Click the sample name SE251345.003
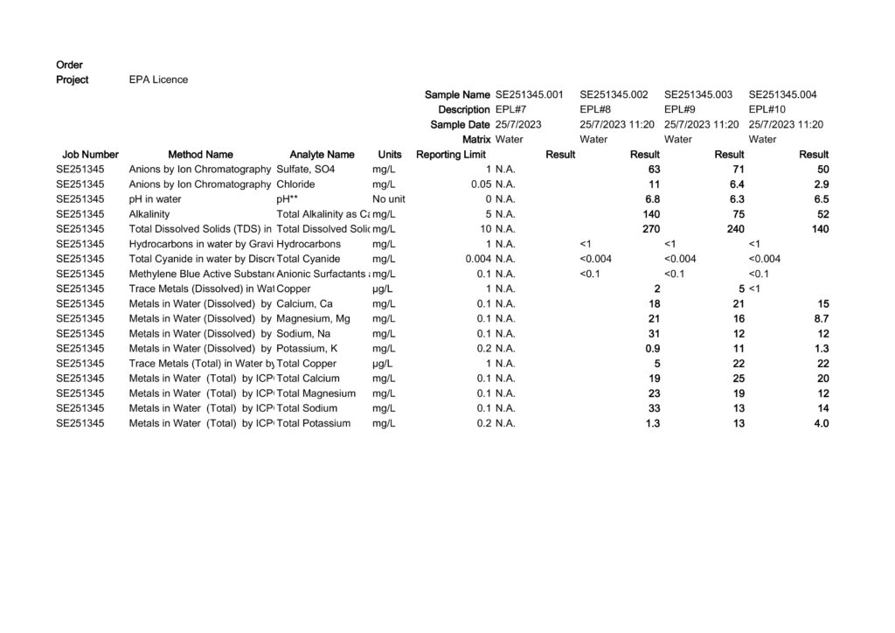pos(699,94)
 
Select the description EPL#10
pos(767,109)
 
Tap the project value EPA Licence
pos(158,80)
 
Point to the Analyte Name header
pos(322,155)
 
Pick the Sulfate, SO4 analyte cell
pos(305,169)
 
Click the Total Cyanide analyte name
pos(308,259)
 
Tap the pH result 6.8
pos(652,199)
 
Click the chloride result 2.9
pos(821,184)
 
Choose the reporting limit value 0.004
pos(477,259)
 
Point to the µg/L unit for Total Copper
pos(382,363)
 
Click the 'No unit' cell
pos(388,199)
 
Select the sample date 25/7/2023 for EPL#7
pos(518,124)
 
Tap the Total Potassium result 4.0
pos(821,423)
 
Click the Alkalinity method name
pos(149,214)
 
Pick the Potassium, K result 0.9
pos(652,348)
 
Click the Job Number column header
pos(90,155)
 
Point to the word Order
pos(69,65)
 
